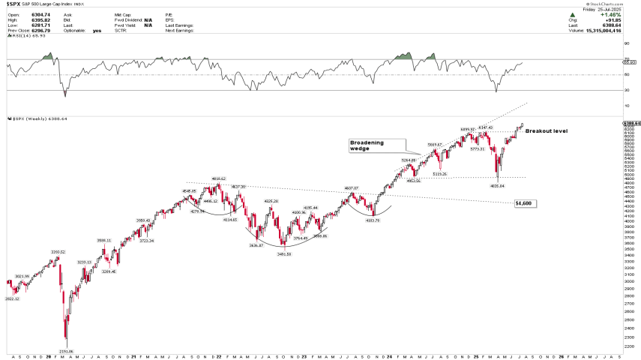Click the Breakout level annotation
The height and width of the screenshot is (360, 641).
[x=546, y=130]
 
